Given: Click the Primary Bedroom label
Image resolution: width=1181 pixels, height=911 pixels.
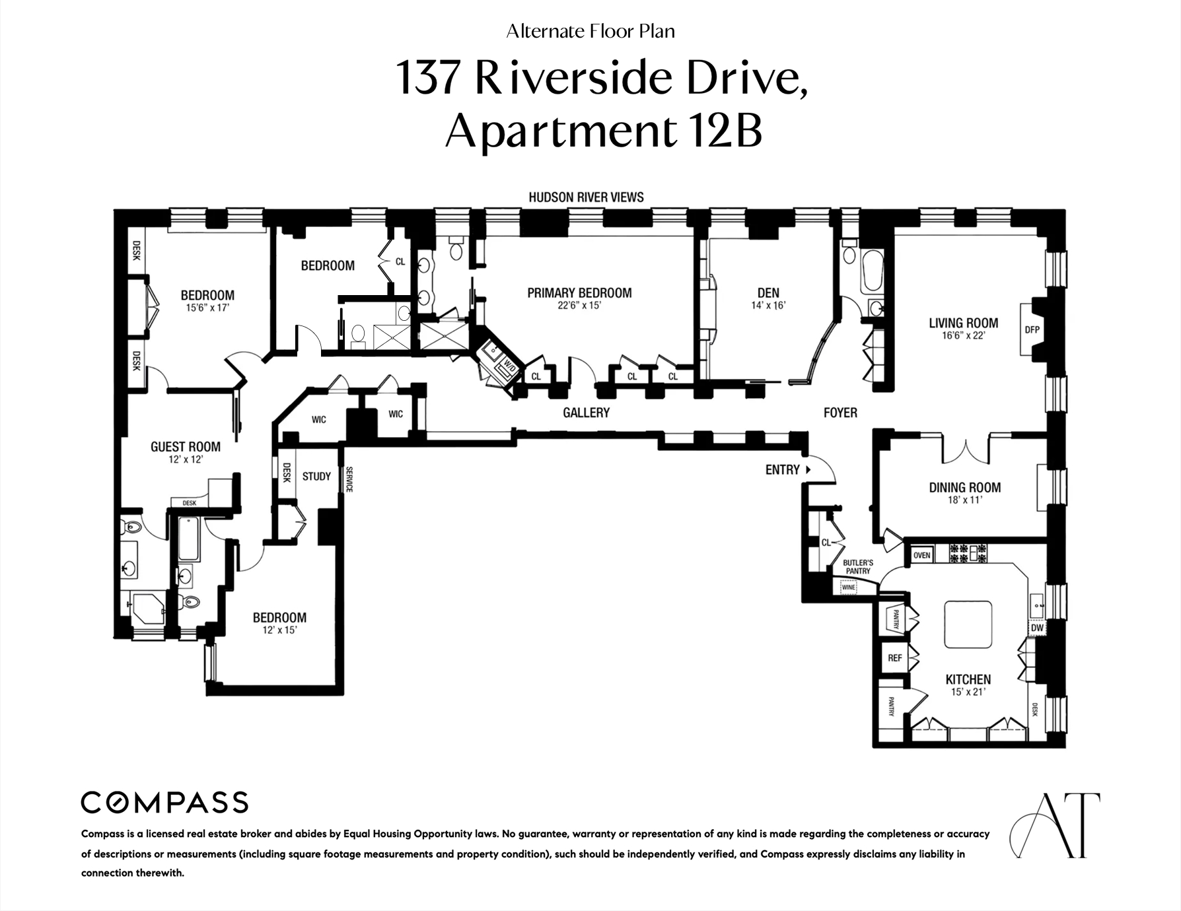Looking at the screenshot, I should [x=579, y=292].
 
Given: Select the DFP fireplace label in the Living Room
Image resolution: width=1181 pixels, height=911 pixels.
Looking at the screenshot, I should [x=1031, y=329].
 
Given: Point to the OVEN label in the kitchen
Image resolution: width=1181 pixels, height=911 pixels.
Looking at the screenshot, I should [x=921, y=555].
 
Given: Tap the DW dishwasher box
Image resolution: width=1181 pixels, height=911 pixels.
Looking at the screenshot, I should [x=1037, y=628].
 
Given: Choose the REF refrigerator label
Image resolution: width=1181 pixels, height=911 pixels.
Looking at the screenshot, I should [x=894, y=658].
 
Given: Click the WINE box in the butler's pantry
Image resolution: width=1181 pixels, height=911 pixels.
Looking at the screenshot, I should [x=848, y=587].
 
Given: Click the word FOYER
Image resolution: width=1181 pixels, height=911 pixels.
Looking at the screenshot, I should [x=840, y=413].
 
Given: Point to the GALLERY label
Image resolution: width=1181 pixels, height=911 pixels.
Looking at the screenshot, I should [x=586, y=413].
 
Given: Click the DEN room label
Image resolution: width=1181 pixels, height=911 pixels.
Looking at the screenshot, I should [x=768, y=292].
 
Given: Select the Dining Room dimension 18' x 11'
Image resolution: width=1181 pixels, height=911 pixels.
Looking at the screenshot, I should [x=964, y=500].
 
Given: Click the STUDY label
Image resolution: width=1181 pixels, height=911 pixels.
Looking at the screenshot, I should [x=316, y=476].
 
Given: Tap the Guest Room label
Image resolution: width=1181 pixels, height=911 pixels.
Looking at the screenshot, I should [x=186, y=447].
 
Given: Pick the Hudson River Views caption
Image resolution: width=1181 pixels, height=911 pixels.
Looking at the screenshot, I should [x=586, y=197].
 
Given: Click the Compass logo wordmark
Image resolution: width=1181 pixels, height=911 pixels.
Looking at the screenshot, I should [x=164, y=803].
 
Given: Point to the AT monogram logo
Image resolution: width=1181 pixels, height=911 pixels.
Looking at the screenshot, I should [x=1054, y=825].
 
